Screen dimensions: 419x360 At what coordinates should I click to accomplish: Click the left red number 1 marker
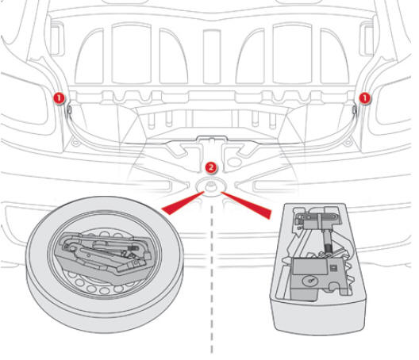(59, 98)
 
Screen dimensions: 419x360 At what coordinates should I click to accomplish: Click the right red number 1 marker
(364, 98)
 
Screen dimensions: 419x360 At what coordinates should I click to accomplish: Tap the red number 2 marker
(211, 168)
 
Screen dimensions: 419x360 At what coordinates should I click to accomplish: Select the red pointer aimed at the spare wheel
(183, 203)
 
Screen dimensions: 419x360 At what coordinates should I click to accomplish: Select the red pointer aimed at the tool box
(247, 205)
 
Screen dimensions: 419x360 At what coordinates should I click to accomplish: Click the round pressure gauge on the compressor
(311, 281)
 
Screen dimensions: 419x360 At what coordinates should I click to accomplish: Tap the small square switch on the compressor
(333, 268)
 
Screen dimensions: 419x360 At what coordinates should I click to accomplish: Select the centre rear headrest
(212, 56)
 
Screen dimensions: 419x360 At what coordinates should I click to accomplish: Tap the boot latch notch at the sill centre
(212, 139)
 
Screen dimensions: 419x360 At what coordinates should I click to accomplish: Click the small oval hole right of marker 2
(234, 162)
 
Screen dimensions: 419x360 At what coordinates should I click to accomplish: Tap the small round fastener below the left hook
(75, 142)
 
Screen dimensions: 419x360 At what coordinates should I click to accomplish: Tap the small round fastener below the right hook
(348, 142)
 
